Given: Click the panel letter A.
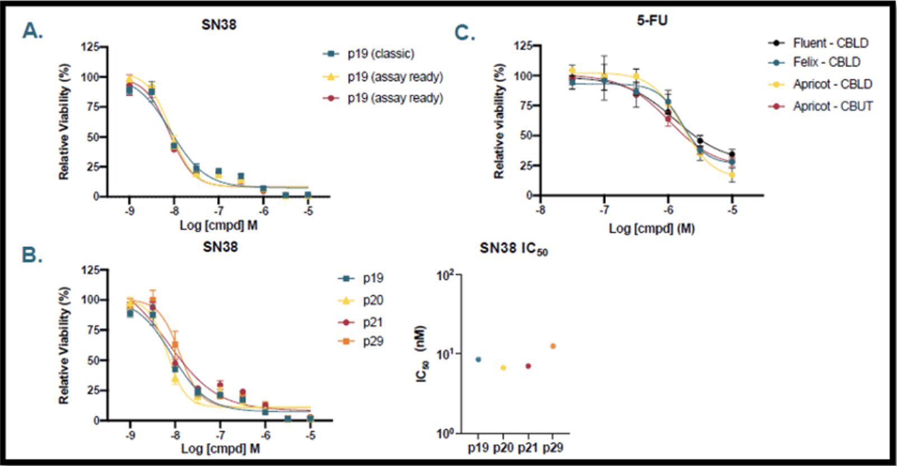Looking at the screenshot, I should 32,31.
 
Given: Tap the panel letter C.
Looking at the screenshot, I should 464,33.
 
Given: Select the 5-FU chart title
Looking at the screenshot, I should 652,21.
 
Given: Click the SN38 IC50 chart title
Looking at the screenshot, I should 513,249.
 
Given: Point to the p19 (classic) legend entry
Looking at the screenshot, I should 380,54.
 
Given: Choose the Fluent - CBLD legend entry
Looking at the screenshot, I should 830,43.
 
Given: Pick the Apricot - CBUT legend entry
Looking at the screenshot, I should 832,106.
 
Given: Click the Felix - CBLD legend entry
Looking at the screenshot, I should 826,62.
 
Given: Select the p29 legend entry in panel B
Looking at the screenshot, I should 372,342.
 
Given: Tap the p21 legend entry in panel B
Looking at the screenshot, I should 372,322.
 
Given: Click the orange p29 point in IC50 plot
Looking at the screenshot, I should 553,346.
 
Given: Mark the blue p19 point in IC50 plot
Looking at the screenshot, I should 478,359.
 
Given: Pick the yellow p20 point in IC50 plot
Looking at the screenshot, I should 503,368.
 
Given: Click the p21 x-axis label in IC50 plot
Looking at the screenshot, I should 528,447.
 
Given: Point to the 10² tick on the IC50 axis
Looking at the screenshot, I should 446,275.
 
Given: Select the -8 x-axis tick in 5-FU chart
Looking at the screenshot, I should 540,210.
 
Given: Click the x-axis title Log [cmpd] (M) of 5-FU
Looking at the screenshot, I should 651,229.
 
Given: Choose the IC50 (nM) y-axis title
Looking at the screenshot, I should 422,354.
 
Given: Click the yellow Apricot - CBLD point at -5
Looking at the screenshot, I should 732,175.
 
